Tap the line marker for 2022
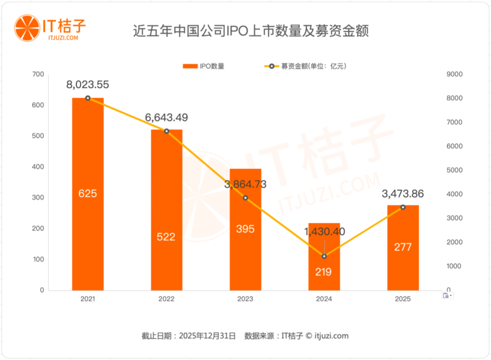pos(166,131)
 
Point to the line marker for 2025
pos(403,207)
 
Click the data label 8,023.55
pos(88,85)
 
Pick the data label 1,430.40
pos(324,231)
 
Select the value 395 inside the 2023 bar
pos(245,229)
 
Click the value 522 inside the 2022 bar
pos(166,237)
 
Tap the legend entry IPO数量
pos(203,66)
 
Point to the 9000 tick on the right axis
pos(455,75)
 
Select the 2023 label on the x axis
pos(245,299)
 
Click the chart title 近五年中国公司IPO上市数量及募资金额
pos(251,31)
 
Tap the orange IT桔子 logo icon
pos(26,27)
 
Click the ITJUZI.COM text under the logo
pos(63,38)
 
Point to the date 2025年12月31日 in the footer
pos(207,336)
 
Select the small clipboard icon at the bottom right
pos(446,295)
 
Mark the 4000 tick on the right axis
pos(455,194)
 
